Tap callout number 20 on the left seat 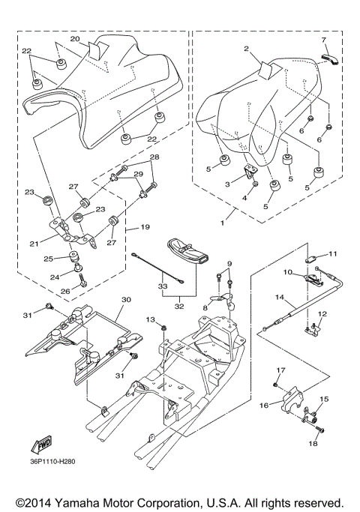75,39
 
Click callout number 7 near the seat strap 324,40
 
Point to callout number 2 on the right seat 246,49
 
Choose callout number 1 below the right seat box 223,223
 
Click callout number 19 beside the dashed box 145,226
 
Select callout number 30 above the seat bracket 126,299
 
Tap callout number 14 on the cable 280,298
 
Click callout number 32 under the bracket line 179,307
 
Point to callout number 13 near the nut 150,319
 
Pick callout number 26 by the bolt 65,291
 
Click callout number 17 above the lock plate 281,370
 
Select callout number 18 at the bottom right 313,444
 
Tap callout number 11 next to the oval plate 332,253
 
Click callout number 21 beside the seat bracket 34,244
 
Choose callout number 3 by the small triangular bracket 227,184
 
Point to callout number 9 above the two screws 229,263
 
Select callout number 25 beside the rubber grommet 49,259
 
